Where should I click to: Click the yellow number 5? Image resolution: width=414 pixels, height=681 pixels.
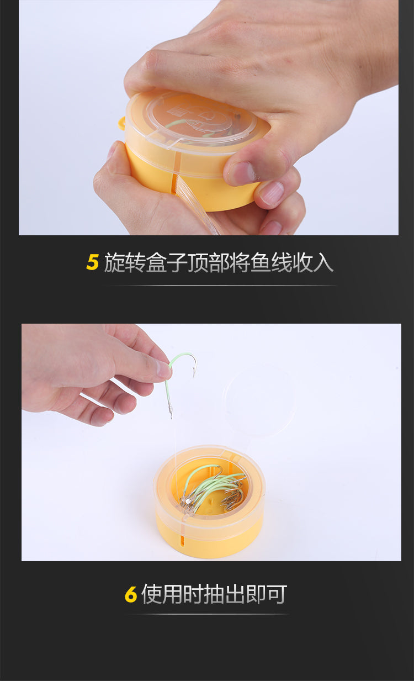[92, 262]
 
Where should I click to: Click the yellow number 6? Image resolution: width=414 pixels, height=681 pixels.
[131, 594]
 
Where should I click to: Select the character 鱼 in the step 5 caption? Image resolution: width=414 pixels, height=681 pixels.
[261, 262]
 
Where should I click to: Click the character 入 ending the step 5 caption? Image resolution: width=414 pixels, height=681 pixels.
[323, 262]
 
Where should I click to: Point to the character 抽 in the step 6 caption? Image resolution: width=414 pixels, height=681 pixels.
[214, 594]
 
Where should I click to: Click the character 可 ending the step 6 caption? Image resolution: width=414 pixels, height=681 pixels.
[277, 594]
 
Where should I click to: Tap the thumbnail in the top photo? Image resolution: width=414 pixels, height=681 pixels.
[242, 173]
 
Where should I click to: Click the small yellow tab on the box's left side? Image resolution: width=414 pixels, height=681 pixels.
[122, 123]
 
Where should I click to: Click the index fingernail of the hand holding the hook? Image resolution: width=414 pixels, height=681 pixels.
[162, 368]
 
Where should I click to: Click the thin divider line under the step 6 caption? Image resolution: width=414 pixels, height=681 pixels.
[209, 614]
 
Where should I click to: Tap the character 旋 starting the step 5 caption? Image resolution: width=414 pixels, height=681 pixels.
[114, 262]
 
